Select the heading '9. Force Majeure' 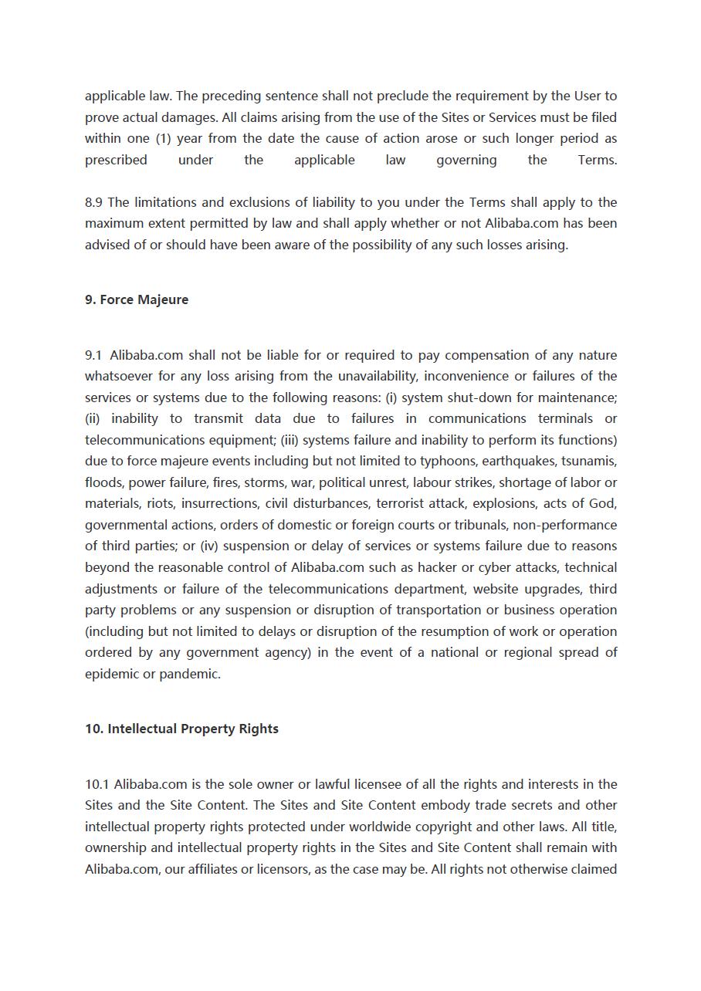pos(137,299)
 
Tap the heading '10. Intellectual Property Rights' pos(181,729)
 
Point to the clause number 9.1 pos(93,355)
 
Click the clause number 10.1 pos(97,784)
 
